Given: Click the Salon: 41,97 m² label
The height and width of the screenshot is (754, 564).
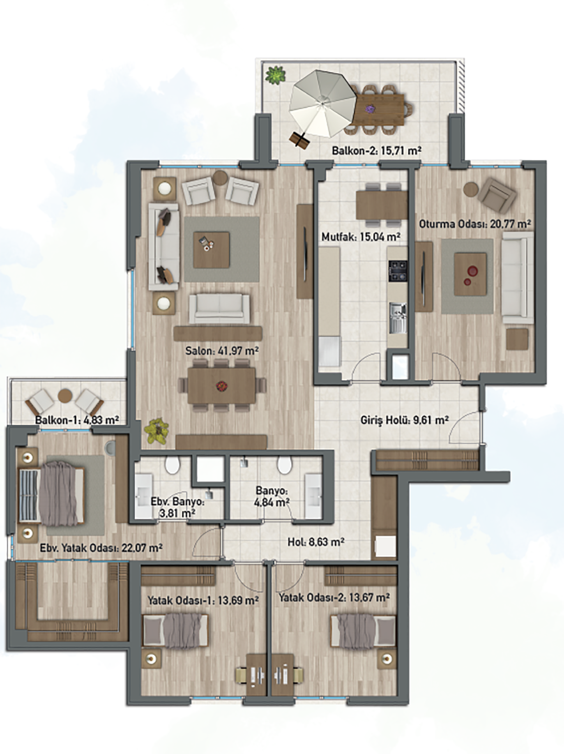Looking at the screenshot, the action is click(222, 351).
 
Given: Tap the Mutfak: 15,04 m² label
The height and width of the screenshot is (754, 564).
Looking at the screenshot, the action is click(361, 237).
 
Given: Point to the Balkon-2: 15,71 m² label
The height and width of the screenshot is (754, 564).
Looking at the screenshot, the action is click(376, 151).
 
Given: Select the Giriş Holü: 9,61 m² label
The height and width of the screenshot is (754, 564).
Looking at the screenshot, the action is click(404, 420).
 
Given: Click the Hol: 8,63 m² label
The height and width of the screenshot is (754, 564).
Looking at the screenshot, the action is click(316, 542).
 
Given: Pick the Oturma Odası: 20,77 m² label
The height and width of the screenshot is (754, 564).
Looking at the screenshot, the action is click(475, 224).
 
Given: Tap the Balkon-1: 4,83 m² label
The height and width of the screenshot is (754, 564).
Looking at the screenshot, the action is click(77, 420).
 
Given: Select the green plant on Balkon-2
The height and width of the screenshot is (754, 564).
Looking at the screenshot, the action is click(275, 75).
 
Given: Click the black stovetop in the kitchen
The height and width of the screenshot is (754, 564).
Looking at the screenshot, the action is click(398, 271).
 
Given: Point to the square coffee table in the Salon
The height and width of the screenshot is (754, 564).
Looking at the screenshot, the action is click(211, 249).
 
